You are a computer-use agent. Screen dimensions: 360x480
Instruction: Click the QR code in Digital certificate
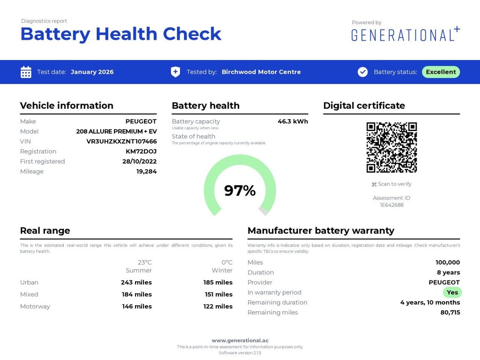[391, 148]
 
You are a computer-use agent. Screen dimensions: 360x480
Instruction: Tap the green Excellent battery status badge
[441, 72]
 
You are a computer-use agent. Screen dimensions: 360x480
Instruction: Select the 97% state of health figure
[240, 190]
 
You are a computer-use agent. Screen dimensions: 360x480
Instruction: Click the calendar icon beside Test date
[26, 72]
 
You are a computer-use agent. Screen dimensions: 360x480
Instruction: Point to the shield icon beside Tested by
[175, 72]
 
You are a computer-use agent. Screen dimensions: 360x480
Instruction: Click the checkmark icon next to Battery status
[363, 72]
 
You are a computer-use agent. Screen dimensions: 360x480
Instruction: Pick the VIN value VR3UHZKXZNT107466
[121, 142]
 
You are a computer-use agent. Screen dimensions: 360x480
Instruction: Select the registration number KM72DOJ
[141, 151]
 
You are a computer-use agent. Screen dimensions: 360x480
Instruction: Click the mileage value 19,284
[146, 172]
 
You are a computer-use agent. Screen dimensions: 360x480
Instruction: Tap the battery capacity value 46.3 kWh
[292, 121]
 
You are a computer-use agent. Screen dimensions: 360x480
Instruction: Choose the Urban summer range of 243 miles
[136, 283]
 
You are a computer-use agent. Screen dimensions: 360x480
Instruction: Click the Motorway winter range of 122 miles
[217, 307]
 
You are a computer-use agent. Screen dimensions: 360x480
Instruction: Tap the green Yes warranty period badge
[452, 292]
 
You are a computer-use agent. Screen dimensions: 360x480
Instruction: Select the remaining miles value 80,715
[450, 313]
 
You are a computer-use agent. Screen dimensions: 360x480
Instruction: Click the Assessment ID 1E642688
[391, 205]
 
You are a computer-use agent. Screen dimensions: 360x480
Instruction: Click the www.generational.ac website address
[240, 340]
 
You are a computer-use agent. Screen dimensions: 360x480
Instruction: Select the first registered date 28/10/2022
[139, 162]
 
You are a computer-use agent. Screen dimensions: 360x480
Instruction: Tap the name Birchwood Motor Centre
[261, 72]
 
